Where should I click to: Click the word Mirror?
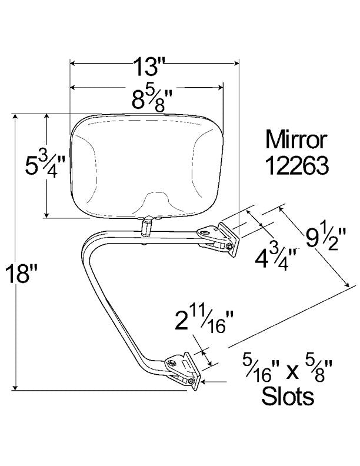296,140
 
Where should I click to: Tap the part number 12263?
296,167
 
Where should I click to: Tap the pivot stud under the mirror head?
146,224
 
